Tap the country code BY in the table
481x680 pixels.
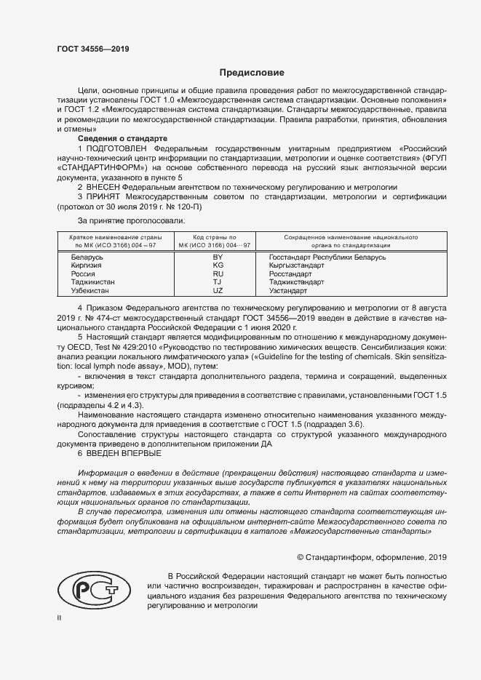tap(217, 257)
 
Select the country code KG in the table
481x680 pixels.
tap(217, 265)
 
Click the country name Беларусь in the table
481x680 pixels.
tap(87, 257)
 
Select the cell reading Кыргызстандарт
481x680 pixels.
tap(296, 265)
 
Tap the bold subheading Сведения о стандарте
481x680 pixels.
tap(122, 137)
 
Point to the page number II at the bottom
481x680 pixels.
tap(60, 617)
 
